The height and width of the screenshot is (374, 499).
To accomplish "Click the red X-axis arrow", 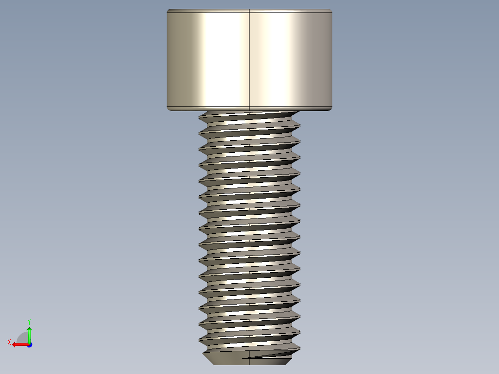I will click(19, 344).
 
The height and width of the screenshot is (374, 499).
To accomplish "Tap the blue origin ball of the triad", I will click(29, 344).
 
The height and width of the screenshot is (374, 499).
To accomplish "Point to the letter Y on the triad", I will click(29, 321).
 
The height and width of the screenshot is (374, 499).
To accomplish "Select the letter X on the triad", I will click(9, 343).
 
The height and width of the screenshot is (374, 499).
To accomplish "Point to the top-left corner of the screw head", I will click(168, 10).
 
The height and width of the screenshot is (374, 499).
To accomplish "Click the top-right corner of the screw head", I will click(331, 10).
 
